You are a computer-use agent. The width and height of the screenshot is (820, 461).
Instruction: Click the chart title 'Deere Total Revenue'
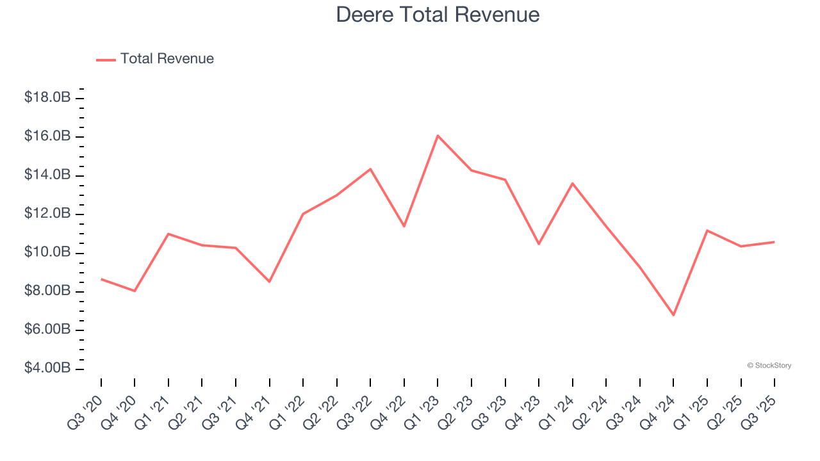[438, 15]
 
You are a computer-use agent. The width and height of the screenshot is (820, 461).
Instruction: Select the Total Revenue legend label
[167, 59]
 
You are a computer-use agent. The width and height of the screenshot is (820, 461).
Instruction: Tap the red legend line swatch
[106, 60]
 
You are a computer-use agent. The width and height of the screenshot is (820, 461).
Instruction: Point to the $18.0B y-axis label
[47, 98]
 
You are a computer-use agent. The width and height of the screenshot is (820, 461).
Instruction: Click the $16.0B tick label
[47, 136]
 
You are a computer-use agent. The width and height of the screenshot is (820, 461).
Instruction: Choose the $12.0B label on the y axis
[47, 214]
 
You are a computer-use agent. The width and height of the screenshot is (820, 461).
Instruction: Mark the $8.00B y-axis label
[47, 291]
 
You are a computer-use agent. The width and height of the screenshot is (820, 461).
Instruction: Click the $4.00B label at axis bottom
[47, 369]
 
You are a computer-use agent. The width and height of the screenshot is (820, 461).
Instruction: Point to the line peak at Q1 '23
[438, 136]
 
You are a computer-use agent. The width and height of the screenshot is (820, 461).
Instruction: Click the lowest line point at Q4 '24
[673, 315]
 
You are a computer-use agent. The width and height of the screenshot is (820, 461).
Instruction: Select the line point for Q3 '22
[370, 169]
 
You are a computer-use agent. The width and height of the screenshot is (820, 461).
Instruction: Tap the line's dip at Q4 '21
[269, 282]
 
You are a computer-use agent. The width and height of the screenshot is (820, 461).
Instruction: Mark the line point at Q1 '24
[572, 183]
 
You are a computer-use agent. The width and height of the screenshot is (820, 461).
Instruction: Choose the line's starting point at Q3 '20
[101, 279]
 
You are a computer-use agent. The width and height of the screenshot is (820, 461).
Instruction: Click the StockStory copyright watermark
[769, 366]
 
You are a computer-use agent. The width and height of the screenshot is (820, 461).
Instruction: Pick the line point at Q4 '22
[404, 227]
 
